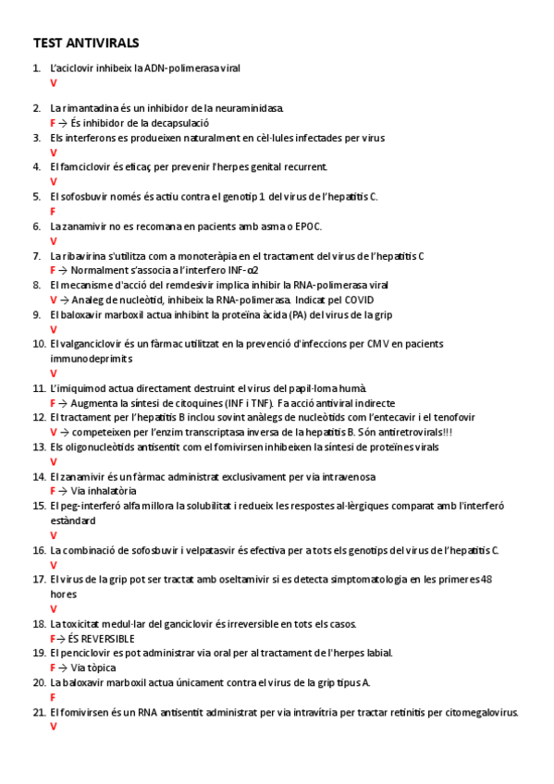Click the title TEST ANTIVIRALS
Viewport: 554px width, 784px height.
point(86,43)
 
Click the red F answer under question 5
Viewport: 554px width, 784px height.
point(53,211)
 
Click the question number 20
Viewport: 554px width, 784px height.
point(39,682)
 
